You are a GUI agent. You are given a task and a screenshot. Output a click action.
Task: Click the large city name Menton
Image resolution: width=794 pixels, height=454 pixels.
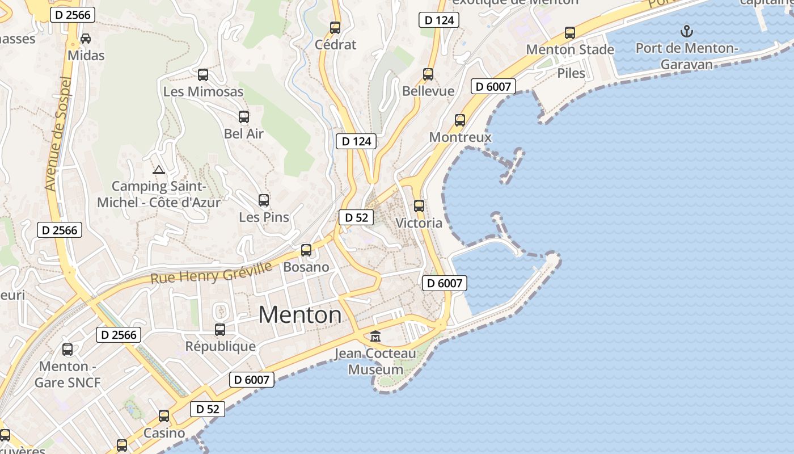[300, 315]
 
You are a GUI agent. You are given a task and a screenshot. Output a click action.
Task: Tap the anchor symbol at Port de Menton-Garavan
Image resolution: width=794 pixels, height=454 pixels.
[687, 31]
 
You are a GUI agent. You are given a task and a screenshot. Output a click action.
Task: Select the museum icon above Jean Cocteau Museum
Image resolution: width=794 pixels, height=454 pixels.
[375, 337]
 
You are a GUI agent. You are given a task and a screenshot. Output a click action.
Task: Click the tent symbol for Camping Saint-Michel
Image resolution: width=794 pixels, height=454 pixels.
[159, 169]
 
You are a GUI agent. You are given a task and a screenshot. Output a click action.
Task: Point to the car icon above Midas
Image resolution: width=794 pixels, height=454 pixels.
[86, 39]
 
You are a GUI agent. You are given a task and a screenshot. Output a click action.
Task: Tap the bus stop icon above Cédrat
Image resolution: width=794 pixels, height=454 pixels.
[335, 27]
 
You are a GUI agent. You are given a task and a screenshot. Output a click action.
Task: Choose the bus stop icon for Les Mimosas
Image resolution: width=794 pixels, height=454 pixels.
[203, 74]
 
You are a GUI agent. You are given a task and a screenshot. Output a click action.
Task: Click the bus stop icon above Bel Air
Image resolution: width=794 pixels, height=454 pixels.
[244, 117]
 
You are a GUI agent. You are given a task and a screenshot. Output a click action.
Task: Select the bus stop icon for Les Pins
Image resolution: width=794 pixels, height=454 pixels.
[264, 200]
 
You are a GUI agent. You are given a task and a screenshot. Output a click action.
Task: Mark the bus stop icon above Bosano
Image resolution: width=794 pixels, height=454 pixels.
[306, 250]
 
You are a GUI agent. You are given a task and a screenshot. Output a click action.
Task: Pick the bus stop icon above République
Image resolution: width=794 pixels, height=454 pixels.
[220, 329]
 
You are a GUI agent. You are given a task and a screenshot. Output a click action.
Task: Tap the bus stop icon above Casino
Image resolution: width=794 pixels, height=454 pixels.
[164, 416]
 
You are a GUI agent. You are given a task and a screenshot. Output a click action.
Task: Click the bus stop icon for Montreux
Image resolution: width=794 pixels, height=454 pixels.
[460, 120]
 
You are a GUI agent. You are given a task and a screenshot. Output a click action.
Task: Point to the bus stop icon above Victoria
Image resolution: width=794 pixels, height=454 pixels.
[419, 206]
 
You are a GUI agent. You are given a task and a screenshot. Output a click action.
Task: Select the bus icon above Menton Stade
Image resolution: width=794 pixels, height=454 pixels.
[570, 33]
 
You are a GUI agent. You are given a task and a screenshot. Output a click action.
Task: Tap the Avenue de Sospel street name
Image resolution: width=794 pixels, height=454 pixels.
[58, 134]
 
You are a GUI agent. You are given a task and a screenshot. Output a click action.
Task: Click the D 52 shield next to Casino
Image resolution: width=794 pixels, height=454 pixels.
[208, 409]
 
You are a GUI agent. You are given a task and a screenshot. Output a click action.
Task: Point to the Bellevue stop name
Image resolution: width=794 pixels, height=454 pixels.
[428, 91]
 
